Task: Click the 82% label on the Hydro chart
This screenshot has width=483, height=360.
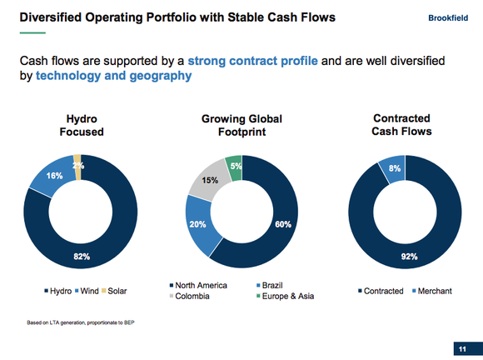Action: coord(81,257)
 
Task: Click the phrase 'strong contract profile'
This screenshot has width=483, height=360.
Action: coord(251,61)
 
